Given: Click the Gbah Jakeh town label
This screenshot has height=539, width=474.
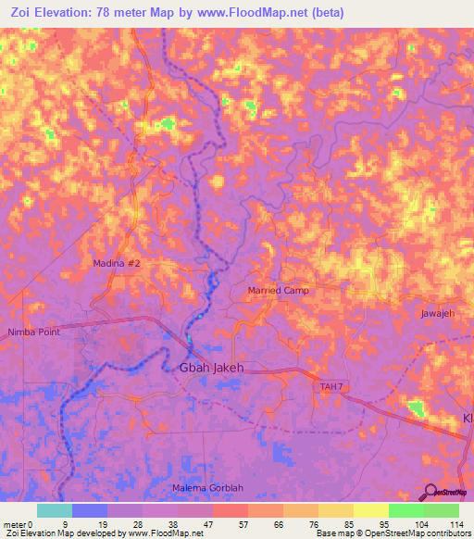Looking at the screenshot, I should (209, 368).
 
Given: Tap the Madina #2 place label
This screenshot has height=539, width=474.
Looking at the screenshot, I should (117, 264).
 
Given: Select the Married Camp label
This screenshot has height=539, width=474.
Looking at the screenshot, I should (279, 291).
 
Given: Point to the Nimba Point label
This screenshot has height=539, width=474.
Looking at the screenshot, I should (34, 331).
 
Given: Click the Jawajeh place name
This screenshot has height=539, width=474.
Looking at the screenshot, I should (438, 314).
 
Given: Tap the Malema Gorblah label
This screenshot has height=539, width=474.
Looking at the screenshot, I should (208, 487).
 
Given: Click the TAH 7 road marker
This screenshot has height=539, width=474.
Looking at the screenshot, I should (331, 385).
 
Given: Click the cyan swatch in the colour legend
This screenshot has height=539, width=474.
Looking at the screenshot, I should (54, 510).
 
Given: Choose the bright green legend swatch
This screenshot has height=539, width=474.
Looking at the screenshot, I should (405, 510).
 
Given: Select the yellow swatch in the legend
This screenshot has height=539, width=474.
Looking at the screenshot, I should (370, 510).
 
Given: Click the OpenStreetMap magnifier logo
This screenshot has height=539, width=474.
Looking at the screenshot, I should (431, 492).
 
